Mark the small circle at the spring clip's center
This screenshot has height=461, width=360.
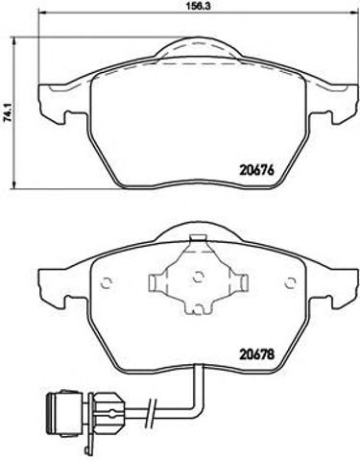pos(197,279)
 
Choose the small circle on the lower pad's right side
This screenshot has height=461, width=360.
pos(290,281)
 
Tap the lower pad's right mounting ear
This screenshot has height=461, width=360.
pos(339,287)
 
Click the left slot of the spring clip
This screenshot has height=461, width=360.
pos(157,281)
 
